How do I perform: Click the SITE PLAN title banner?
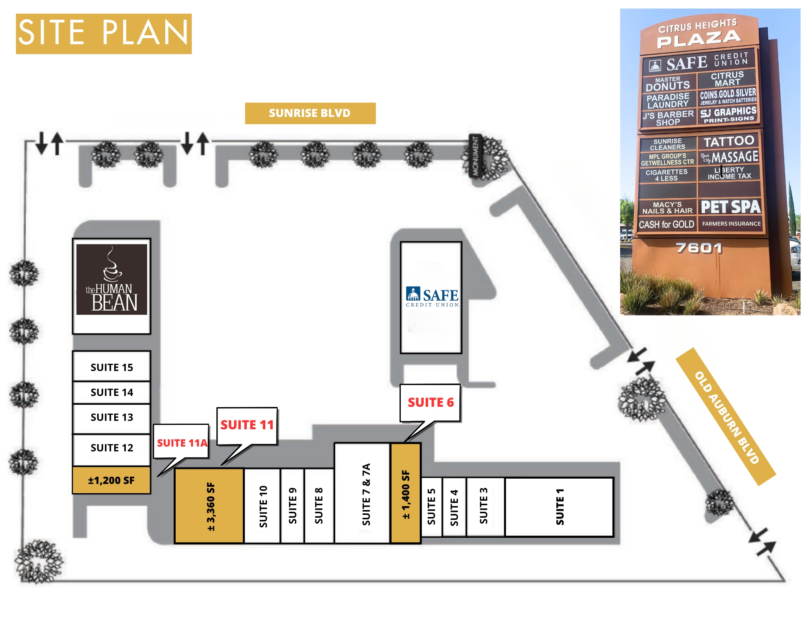[104, 34]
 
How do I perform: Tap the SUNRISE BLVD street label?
[310, 113]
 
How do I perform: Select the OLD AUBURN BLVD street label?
[726, 416]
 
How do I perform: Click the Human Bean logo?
[112, 279]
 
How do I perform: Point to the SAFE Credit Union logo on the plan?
[432, 297]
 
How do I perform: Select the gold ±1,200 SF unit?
[112, 480]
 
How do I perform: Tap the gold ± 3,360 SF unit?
[209, 506]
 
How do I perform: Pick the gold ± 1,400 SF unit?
[406, 493]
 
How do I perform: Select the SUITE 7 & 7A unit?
[363, 493]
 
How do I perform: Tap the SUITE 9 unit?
[292, 506]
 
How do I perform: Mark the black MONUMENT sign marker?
[475, 156]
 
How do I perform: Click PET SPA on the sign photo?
[730, 207]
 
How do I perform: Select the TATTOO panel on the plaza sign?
[728, 141]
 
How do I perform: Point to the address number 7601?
[699, 248]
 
